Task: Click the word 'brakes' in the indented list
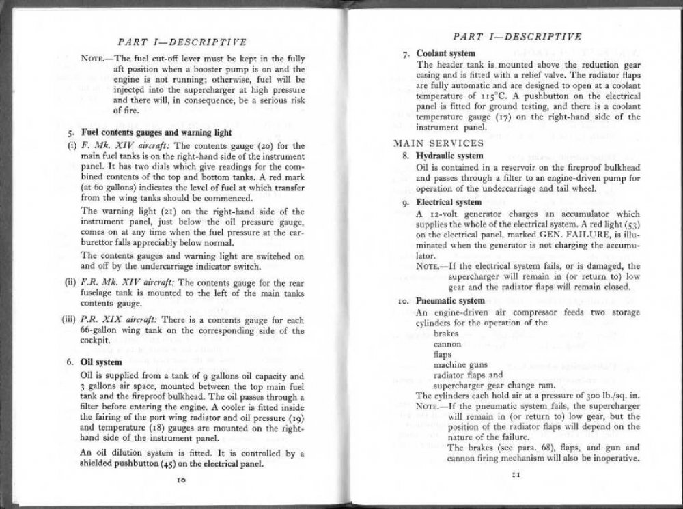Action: click(x=448, y=334)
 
